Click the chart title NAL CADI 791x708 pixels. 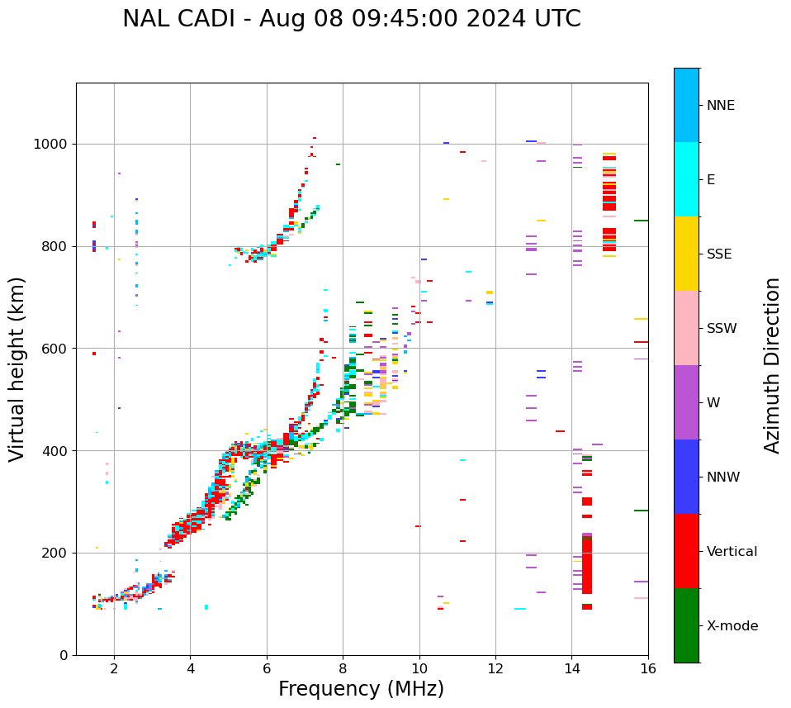(351, 19)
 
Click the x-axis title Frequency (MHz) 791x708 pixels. (361, 689)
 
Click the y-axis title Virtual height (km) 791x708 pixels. (17, 368)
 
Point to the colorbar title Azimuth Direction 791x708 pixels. (772, 365)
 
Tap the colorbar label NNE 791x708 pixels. (720, 106)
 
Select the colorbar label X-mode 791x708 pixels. (732, 626)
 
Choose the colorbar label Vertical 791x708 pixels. (732, 552)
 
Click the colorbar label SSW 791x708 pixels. (722, 329)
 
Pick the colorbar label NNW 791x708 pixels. (723, 478)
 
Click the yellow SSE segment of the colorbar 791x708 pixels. (686, 254)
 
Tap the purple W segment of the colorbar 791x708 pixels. (686, 402)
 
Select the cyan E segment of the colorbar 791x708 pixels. (686, 179)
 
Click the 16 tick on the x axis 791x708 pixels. (648, 668)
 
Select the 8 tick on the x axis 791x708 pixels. (343, 668)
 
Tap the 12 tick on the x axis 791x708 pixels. (495, 668)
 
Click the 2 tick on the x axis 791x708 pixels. (114, 668)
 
